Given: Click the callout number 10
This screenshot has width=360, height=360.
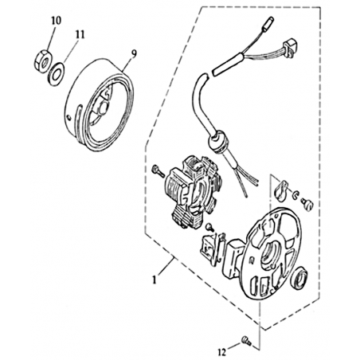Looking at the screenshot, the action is click(x=56, y=21).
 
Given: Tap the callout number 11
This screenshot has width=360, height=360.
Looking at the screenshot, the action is click(x=80, y=34).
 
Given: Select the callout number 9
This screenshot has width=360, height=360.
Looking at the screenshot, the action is click(x=134, y=53).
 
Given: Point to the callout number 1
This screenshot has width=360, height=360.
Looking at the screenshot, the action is click(x=155, y=280).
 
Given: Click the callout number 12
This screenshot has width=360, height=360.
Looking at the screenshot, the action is click(x=222, y=352).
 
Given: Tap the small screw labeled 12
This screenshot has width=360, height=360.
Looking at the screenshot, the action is click(x=246, y=340).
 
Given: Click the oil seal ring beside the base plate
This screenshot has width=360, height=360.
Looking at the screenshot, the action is click(x=302, y=279).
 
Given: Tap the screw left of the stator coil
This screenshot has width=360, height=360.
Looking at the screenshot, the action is click(x=157, y=170).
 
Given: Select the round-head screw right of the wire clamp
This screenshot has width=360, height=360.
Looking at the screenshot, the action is click(x=307, y=205).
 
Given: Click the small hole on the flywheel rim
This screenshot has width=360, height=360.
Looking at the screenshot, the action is click(x=69, y=117).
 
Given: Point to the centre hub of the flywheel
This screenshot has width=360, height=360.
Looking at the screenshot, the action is click(x=103, y=106).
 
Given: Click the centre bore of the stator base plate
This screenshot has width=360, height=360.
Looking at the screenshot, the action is click(x=270, y=252).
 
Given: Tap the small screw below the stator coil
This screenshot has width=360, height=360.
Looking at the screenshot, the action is click(x=209, y=227).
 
